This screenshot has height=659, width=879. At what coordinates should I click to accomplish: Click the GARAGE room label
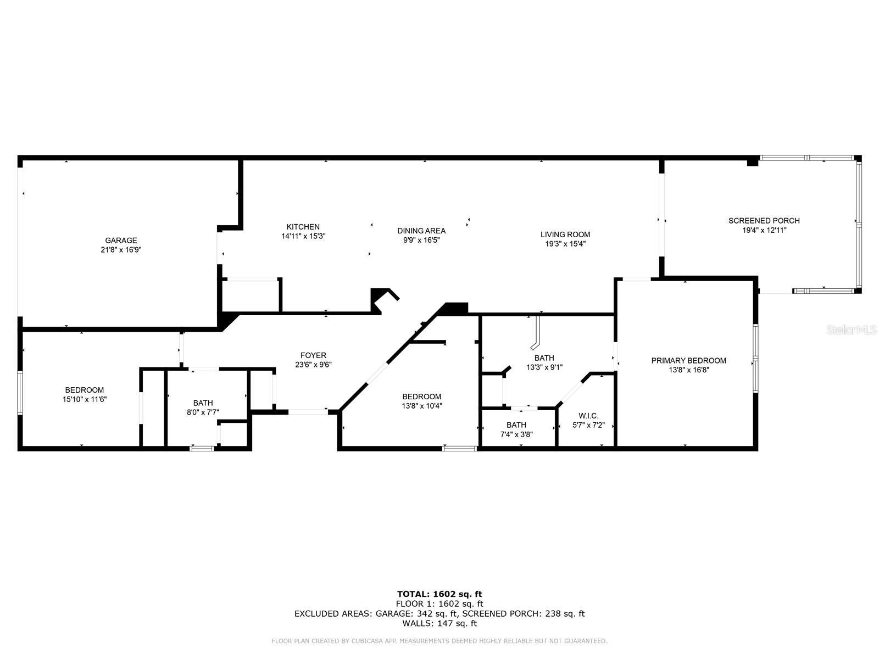(121, 240)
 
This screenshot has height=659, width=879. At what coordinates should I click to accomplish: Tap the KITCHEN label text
(303, 227)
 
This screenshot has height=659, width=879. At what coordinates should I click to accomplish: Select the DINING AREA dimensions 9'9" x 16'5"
(421, 240)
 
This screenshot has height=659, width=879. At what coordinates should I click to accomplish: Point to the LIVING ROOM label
(565, 234)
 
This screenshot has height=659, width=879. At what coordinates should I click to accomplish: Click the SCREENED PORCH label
(764, 221)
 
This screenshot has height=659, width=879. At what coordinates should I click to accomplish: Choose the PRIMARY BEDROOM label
(688, 361)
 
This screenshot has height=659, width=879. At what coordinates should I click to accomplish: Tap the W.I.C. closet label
(588, 416)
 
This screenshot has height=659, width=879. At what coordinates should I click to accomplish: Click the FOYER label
(313, 355)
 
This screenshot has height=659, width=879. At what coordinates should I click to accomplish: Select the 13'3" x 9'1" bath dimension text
(544, 367)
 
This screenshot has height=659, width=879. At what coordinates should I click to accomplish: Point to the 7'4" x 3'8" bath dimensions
(516, 434)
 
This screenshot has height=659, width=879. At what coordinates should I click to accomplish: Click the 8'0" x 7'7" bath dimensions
(203, 412)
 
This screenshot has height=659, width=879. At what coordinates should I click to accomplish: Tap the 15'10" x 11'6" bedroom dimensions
(84, 400)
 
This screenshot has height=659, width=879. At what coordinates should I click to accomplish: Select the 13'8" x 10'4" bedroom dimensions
(421, 406)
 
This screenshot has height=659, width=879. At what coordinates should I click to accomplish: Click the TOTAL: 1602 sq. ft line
(439, 594)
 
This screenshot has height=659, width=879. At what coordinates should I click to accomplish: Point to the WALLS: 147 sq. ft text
(439, 623)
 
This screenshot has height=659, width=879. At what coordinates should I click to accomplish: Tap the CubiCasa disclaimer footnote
(439, 641)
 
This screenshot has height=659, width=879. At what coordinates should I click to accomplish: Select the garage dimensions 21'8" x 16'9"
(121, 249)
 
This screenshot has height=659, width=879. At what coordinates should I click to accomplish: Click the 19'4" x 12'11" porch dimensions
(764, 230)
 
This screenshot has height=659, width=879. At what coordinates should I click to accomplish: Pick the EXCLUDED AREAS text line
(439, 613)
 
